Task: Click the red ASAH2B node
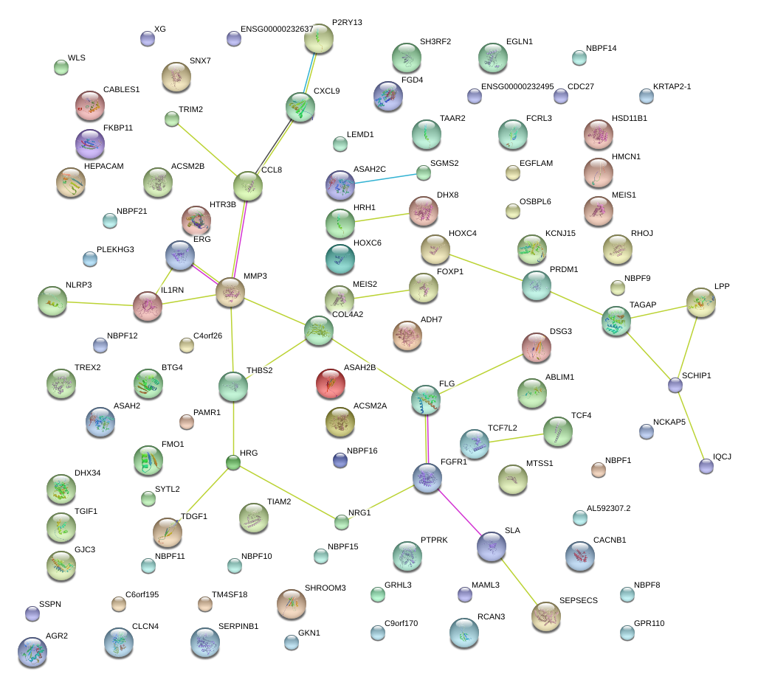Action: point(330,383)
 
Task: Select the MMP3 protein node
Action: point(230,293)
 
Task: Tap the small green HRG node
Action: point(233,463)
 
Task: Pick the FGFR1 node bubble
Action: point(427,478)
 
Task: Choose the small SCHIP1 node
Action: point(675,384)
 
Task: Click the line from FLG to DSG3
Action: point(480,373)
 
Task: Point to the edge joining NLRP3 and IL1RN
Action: point(100,302)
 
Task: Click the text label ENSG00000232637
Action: point(277,29)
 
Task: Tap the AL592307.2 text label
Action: point(609,508)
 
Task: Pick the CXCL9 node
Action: point(300,107)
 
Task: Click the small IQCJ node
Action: point(706,465)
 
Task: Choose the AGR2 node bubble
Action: point(32,651)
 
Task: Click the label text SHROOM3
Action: point(325,588)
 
